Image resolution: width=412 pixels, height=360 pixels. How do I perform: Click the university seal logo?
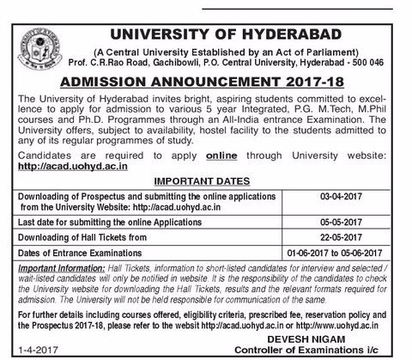click(x=39, y=32)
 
